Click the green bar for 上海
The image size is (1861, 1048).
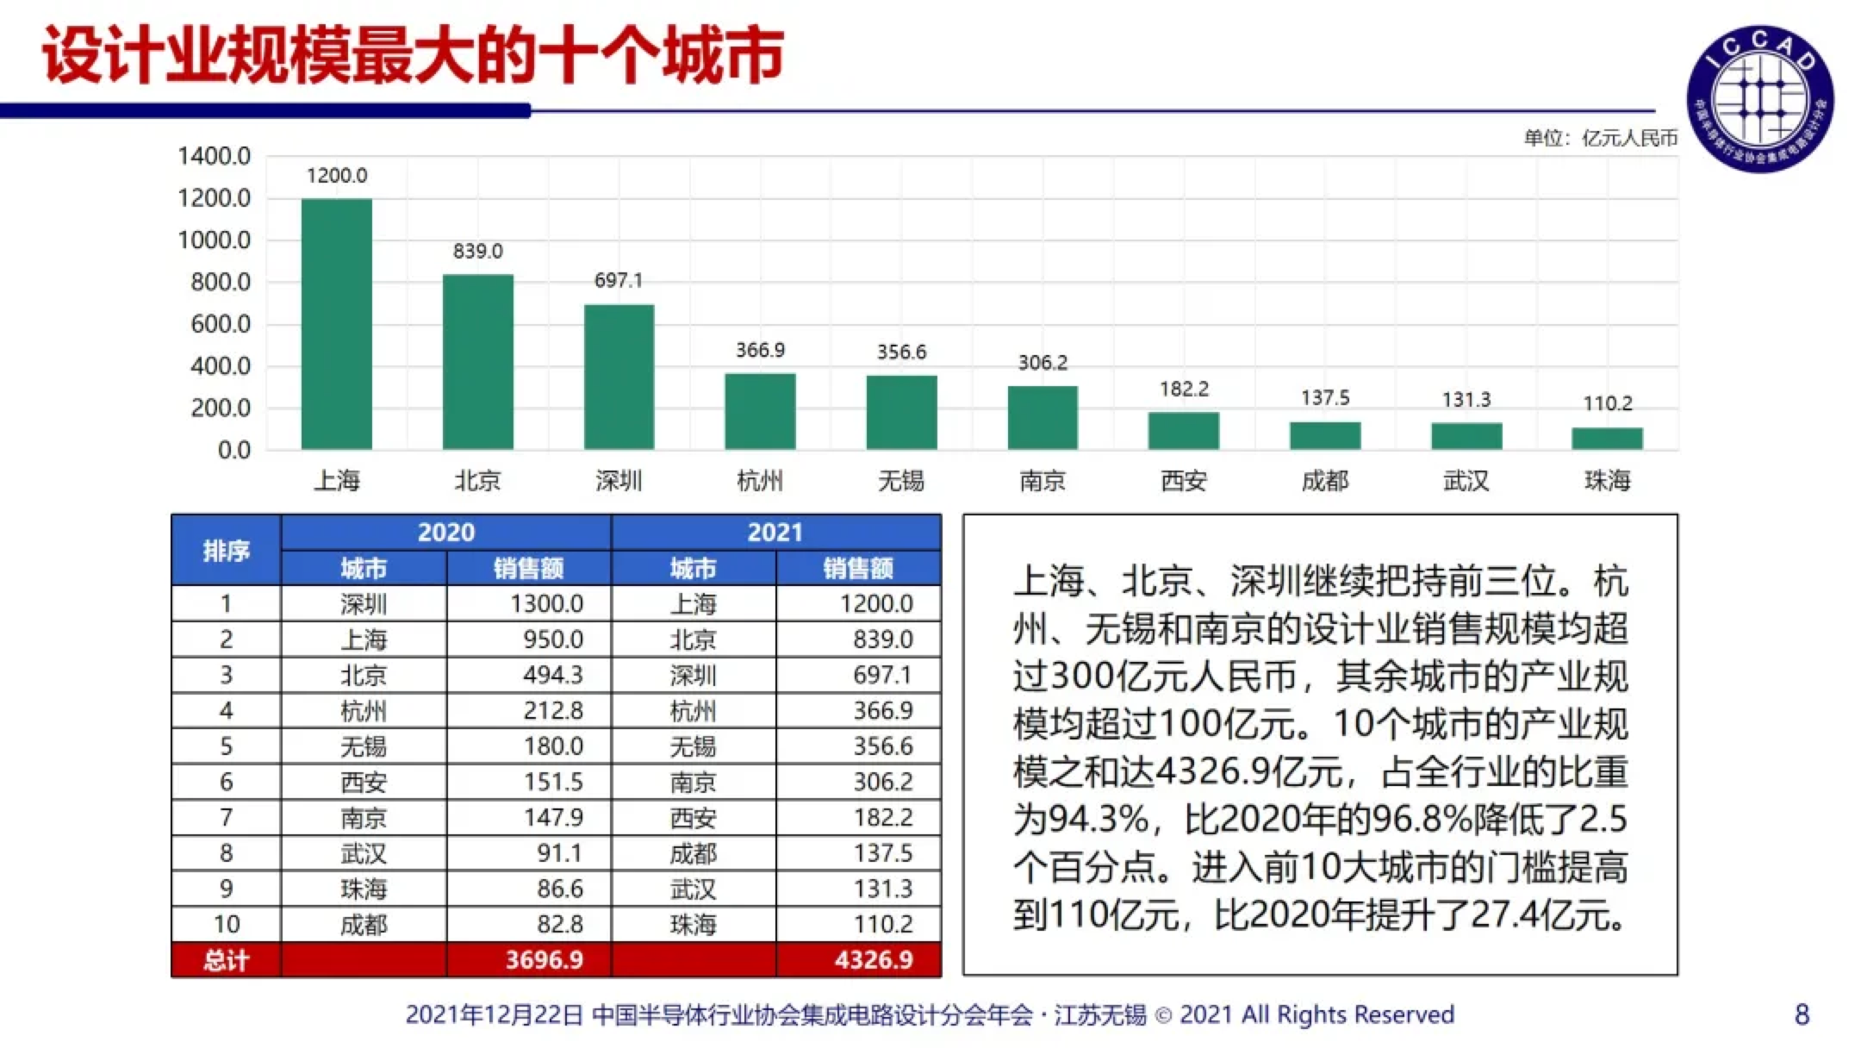[336, 323]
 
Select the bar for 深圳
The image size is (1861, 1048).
[619, 377]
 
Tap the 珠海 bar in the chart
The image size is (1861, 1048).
[1607, 438]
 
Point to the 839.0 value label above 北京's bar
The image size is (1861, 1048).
[477, 251]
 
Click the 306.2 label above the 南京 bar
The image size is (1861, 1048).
[1043, 362]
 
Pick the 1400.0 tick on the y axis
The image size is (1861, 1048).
[214, 156]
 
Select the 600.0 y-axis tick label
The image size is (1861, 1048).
[221, 324]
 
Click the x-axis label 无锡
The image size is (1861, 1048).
[901, 480]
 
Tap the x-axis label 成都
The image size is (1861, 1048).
[1325, 480]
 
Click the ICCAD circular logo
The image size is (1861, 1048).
[1760, 97]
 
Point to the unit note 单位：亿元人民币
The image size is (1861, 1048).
[1601, 138]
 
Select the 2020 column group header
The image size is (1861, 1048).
[445, 532]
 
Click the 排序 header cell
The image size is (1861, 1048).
[226, 550]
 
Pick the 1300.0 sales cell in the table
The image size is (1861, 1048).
[546, 603]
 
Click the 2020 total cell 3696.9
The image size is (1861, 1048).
[544, 959]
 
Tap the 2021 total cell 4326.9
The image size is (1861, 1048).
[874, 959]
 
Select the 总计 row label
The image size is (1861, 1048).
[226, 959]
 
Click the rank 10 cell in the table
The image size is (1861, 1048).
[226, 924]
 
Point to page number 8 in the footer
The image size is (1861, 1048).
[1802, 1014]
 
